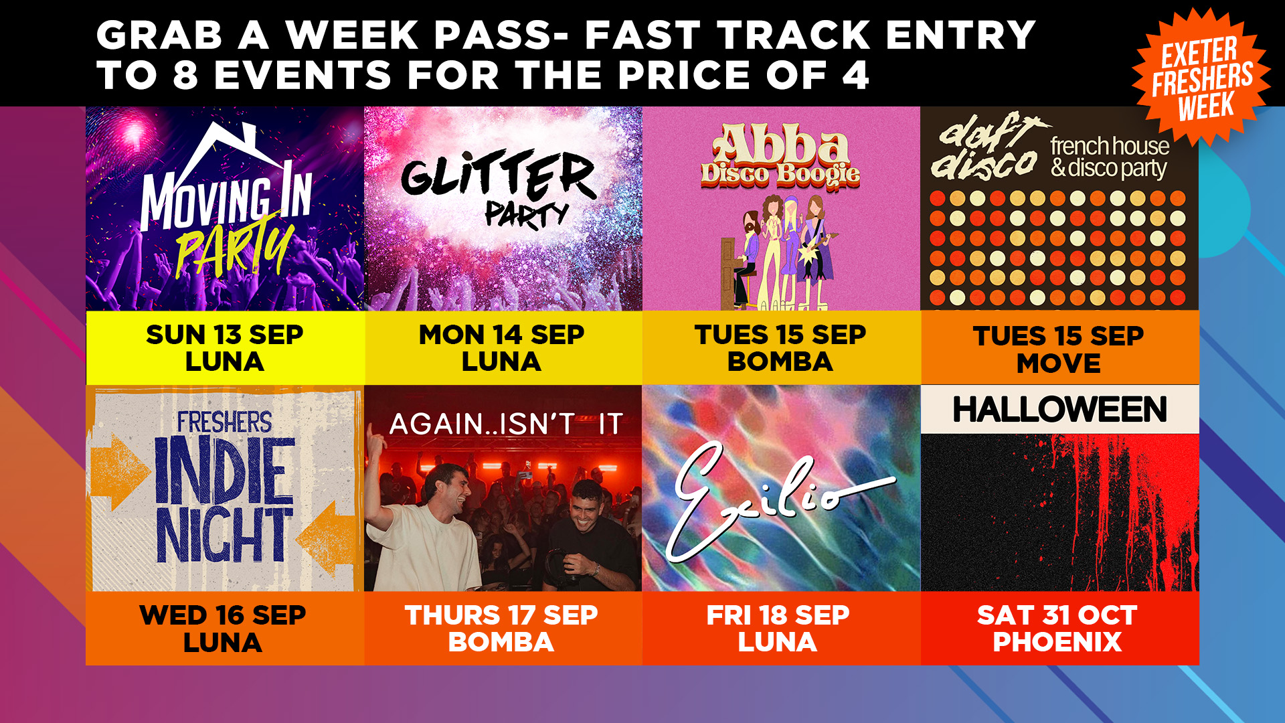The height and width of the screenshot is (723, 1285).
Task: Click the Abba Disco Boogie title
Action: (780, 155)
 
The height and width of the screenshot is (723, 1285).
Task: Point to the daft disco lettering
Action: (985, 147)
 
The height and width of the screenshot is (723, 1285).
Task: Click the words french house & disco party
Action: (1110, 157)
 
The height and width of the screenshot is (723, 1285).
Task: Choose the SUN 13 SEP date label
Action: (225, 334)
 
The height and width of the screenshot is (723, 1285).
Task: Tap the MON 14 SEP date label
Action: (501, 334)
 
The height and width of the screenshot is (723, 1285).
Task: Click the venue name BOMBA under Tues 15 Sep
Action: (780, 361)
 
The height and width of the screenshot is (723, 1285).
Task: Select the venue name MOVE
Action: (1059, 364)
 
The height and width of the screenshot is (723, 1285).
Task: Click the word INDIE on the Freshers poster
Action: (225, 471)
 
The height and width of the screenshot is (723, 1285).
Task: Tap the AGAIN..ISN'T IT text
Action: (507, 424)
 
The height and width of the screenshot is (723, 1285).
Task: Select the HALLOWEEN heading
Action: (1060, 410)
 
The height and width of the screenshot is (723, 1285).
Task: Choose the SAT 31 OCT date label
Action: (1057, 615)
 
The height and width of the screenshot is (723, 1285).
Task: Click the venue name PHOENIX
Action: (1057, 642)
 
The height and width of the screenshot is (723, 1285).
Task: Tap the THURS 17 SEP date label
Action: (501, 615)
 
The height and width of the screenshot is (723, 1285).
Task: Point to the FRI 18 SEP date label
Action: (778, 615)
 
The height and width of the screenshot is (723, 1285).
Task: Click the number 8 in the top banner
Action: (186, 75)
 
